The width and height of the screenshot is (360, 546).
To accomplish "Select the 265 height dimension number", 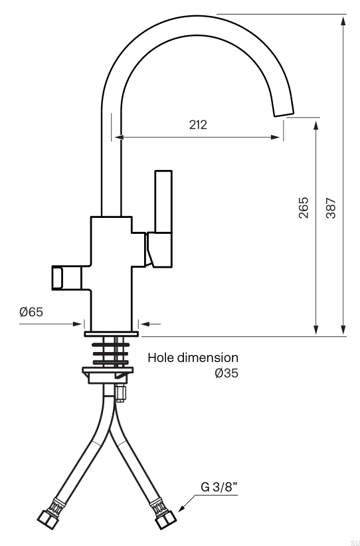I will (303, 208).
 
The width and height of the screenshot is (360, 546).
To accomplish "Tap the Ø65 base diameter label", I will (31, 312).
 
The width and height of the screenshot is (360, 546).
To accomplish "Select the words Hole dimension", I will (193, 358).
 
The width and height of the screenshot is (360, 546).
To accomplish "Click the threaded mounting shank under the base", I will (111, 351).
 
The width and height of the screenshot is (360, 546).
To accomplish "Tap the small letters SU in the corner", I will (353, 541).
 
